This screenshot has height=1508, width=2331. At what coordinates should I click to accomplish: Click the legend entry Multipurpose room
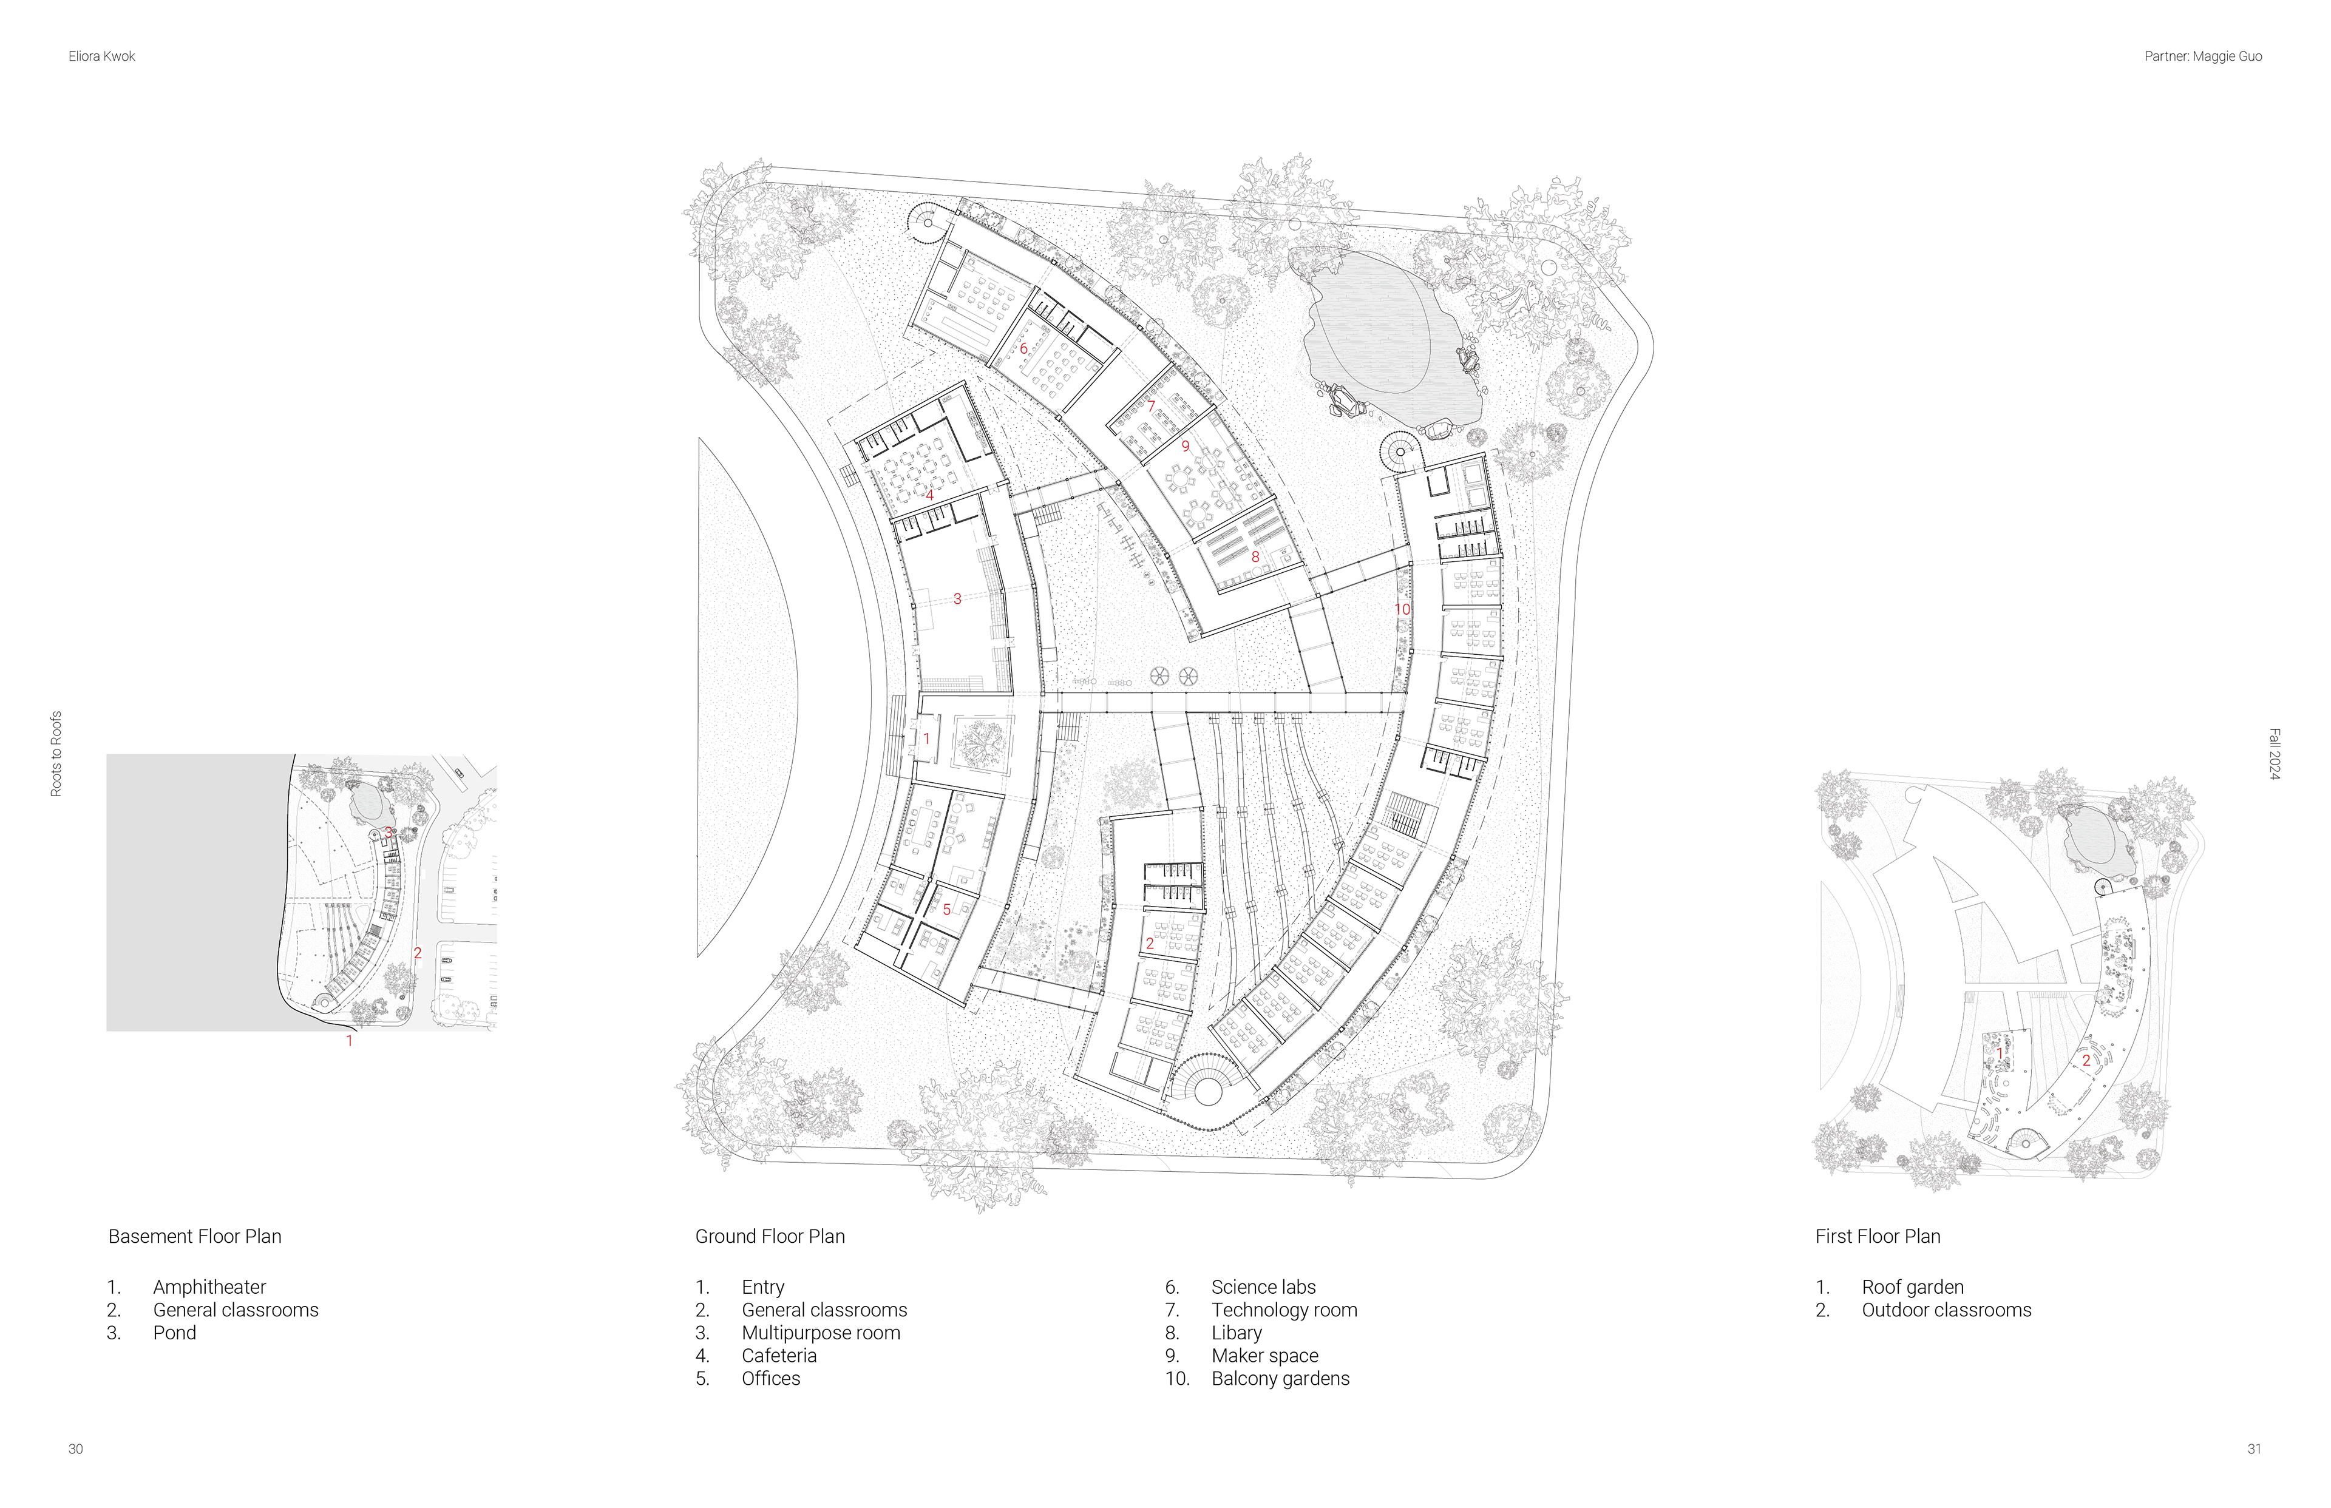821,1333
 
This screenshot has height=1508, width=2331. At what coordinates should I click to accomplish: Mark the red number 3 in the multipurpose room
957,598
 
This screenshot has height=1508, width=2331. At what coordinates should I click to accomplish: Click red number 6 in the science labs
1023,348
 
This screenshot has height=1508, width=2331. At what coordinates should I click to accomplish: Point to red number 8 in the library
1255,557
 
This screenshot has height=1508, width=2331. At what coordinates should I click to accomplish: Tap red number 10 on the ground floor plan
1402,609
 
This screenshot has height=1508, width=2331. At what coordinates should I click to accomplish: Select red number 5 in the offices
946,910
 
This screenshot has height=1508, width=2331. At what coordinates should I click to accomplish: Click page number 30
75,1449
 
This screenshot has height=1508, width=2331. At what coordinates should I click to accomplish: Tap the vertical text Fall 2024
2274,754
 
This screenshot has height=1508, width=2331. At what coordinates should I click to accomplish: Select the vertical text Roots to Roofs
56,753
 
